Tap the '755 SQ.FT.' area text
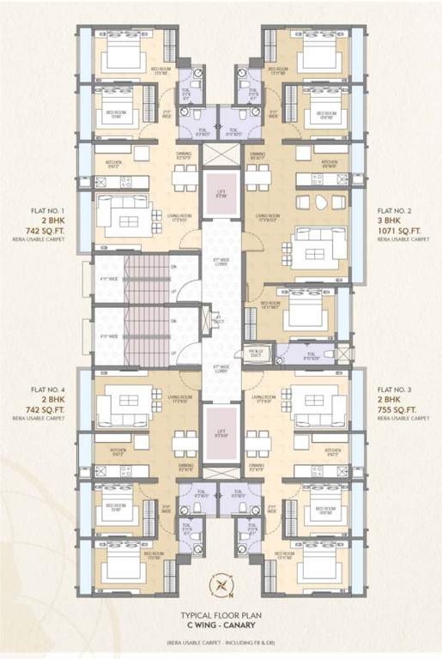point(403,409)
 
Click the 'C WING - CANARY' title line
point(221,626)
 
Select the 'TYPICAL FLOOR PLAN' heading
point(221,617)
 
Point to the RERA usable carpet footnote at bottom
point(221,643)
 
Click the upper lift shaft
point(221,193)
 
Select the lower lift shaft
point(221,432)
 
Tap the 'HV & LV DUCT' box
point(256,353)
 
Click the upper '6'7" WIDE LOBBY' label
point(221,257)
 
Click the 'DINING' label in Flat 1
point(183,154)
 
